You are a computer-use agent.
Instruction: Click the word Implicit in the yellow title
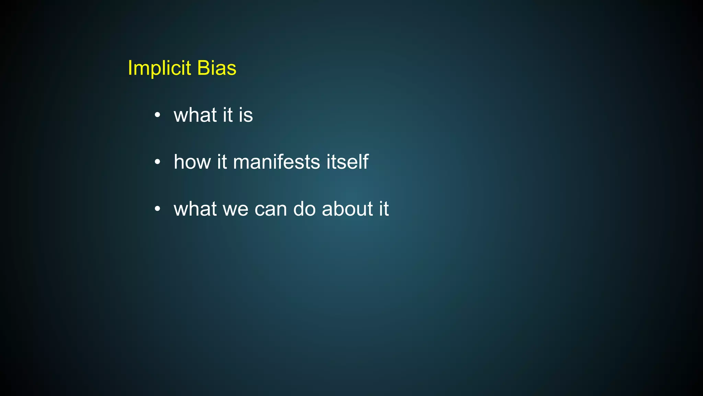click(159, 68)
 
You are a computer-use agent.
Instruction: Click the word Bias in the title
click(217, 68)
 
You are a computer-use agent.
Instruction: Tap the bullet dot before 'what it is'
click(157, 115)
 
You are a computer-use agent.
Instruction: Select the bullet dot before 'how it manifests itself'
click(157, 162)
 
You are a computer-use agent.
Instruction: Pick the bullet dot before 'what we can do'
click(157, 209)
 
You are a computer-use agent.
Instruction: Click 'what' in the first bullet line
click(195, 115)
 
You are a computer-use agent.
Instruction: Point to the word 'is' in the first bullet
click(246, 115)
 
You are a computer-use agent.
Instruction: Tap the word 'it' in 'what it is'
click(228, 115)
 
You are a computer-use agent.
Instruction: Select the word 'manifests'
click(276, 162)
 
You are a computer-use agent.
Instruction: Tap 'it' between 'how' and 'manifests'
click(222, 162)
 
